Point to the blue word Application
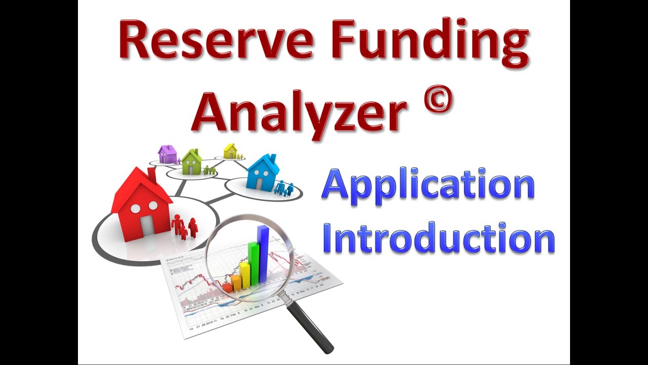coord(428,187)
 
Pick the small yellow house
coord(230,151)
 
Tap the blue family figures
coord(283,189)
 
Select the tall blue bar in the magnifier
coord(263,253)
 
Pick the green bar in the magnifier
coord(253,263)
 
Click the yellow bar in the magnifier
coord(245,274)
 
